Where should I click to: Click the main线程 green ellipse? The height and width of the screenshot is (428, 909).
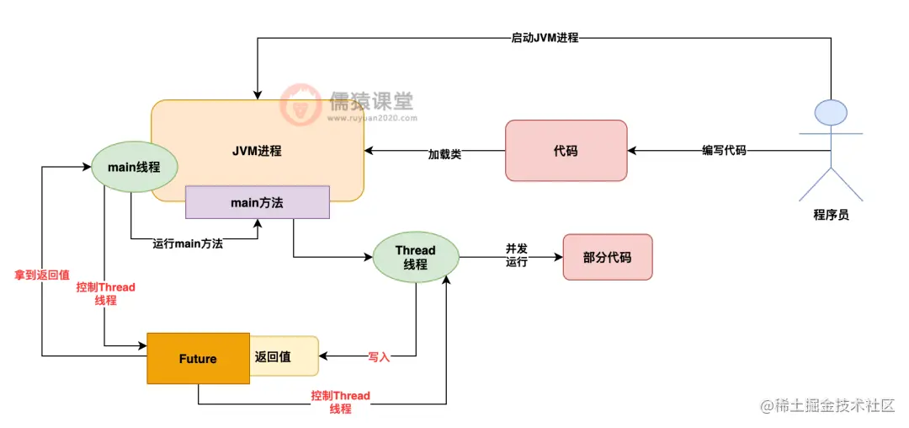click(134, 166)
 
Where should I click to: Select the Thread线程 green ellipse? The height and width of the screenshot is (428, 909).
click(415, 257)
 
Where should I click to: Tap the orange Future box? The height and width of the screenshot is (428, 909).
click(198, 358)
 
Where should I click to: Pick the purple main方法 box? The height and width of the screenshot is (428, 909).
click(257, 202)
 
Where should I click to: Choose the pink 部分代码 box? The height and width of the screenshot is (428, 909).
click(607, 257)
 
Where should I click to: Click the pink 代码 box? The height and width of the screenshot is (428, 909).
click(566, 151)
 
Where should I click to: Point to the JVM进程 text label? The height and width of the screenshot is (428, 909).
click(257, 152)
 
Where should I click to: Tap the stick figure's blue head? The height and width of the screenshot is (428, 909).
click(831, 112)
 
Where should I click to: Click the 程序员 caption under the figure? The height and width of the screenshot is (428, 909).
click(831, 215)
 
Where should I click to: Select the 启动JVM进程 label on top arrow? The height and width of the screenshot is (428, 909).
click(545, 37)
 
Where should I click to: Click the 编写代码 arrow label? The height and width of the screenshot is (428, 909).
click(724, 151)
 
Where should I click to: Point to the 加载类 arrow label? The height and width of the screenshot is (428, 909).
click(444, 154)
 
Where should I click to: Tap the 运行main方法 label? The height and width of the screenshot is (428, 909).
click(188, 243)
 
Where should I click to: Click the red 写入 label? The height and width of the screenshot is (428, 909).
click(379, 357)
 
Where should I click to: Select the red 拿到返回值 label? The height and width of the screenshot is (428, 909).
click(42, 275)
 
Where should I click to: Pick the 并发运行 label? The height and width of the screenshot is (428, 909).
click(516, 255)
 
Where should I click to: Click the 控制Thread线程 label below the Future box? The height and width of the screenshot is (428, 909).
click(340, 402)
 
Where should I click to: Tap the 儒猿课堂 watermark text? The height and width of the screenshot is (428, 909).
click(369, 102)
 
